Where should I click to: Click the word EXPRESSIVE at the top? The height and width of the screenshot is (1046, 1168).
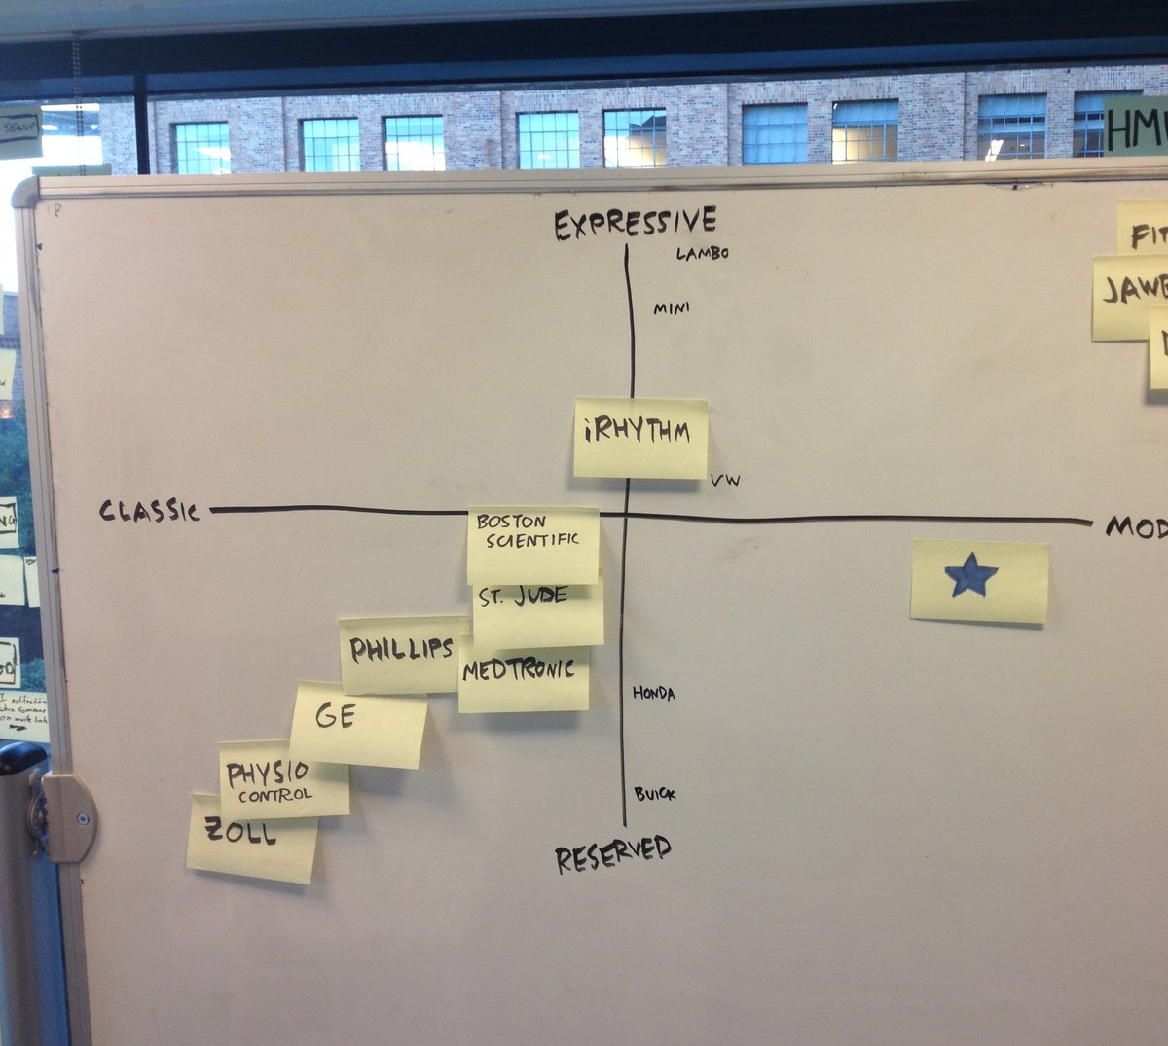[635, 224]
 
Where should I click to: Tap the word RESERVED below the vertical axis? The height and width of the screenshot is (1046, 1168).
[613, 853]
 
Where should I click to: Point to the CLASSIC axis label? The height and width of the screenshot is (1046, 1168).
[149, 510]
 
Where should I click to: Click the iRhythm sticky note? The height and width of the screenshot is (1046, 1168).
[639, 437]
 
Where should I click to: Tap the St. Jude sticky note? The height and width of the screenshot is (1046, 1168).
[538, 613]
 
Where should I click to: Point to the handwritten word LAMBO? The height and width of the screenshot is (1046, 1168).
[703, 254]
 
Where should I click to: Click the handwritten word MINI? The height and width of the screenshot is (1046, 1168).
[672, 308]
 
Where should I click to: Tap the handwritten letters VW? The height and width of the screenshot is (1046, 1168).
[725, 480]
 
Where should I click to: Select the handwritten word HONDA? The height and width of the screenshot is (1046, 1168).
[653, 693]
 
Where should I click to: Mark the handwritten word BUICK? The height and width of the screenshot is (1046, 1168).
[655, 794]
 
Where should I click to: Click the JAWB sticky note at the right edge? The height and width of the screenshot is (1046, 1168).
[1130, 297]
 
